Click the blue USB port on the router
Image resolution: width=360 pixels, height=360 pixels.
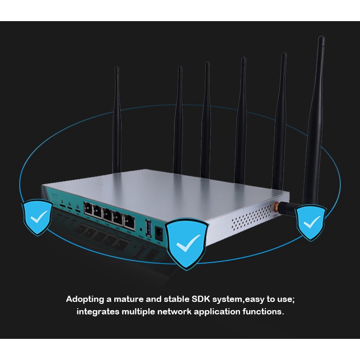[x=149, y=228]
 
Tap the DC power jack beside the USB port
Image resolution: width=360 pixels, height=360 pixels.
[x=159, y=233]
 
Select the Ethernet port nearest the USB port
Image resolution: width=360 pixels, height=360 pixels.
[x=129, y=221]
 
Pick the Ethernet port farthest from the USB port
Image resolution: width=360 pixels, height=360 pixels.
[x=88, y=208]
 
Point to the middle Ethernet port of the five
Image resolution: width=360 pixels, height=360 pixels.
[x=107, y=214]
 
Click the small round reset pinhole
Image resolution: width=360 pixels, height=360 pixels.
[x=141, y=229]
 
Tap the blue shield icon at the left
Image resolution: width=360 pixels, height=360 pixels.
[x=37, y=217]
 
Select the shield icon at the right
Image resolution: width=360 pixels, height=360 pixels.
[x=311, y=223]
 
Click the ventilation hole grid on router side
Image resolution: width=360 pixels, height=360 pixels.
[x=252, y=217]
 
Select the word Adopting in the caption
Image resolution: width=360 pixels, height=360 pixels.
[x=85, y=300]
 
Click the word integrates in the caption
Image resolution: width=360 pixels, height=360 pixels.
[x=98, y=312]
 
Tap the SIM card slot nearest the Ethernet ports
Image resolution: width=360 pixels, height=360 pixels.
[x=78, y=210]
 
